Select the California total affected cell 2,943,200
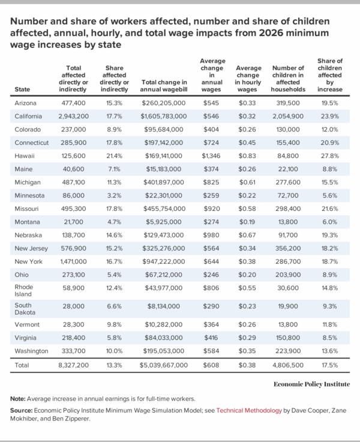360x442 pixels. pyautogui.click(x=75, y=116)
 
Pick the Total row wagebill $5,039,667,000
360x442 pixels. pyautogui.click(x=164, y=364)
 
